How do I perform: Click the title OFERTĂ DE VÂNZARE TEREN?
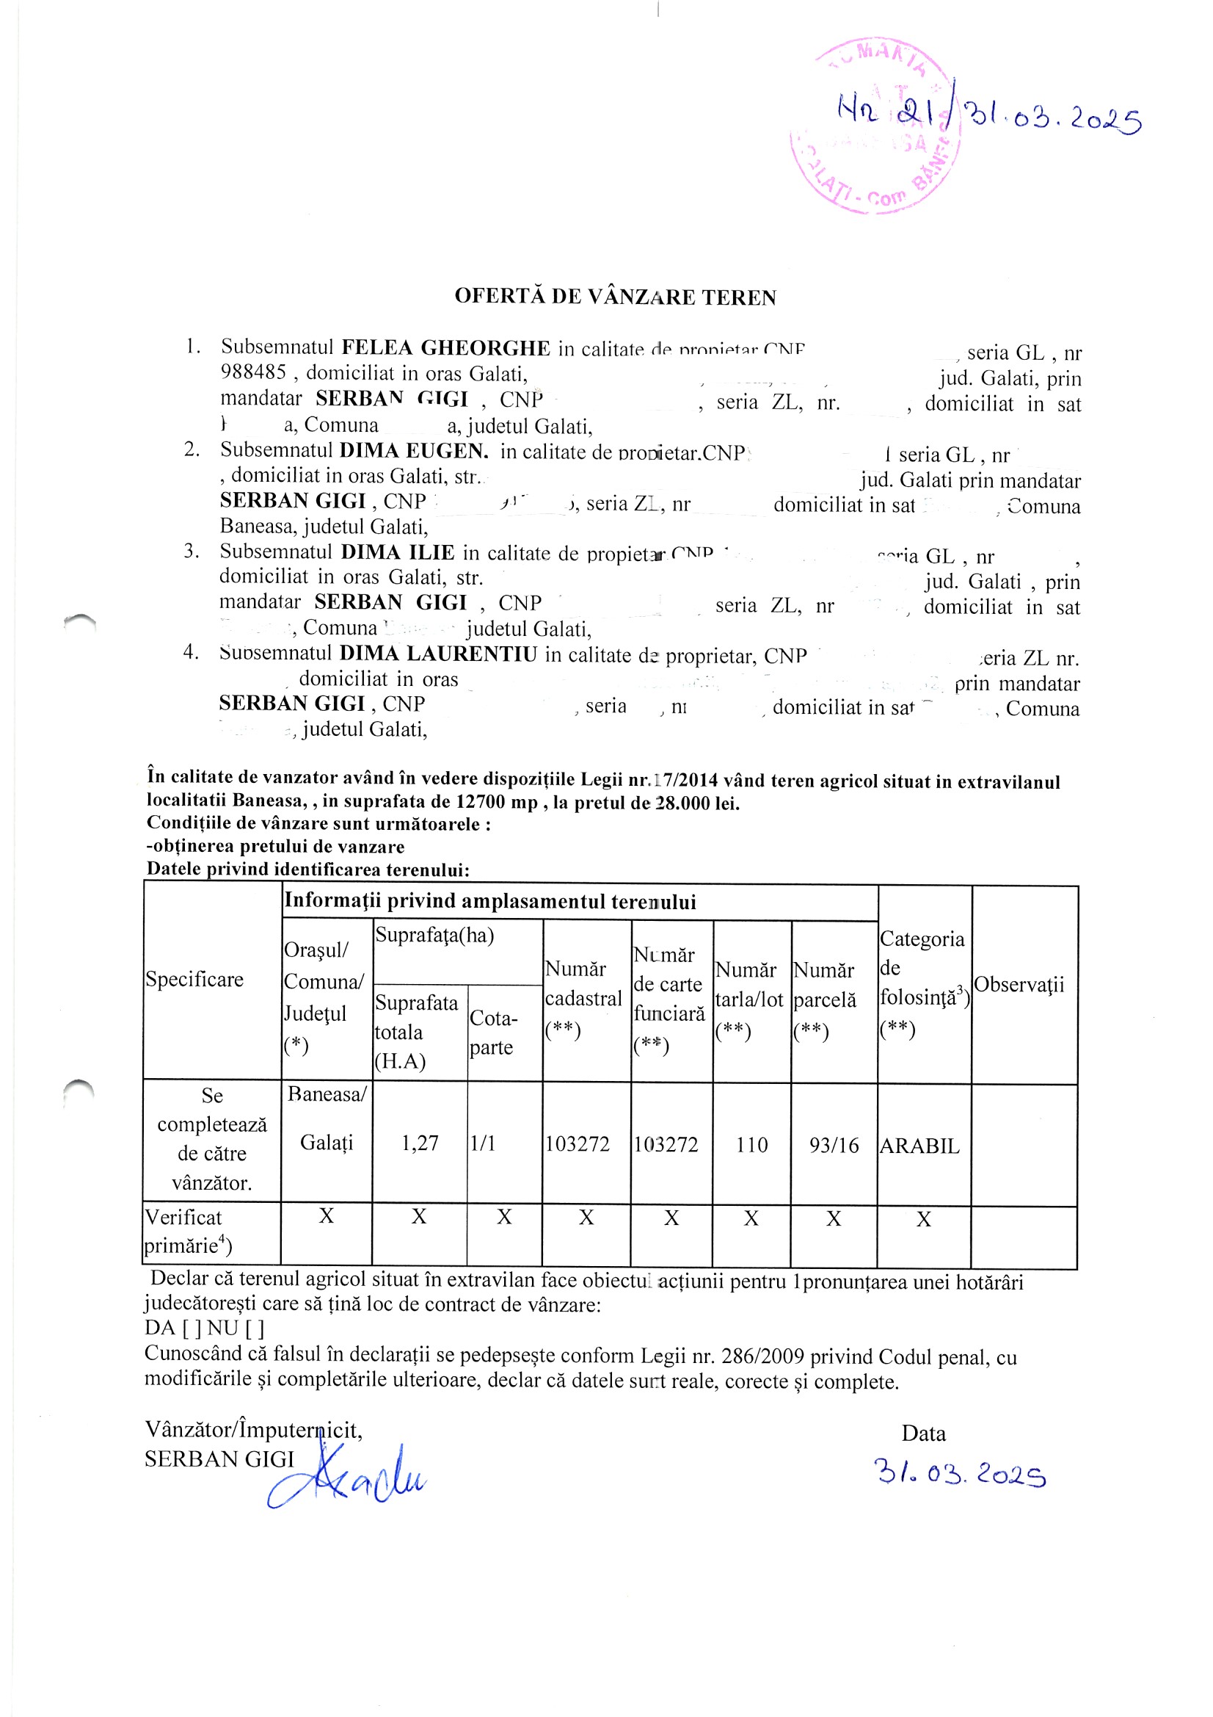point(615,297)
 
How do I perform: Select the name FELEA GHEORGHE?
point(445,348)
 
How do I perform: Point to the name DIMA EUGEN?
point(413,451)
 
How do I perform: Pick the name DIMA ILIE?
point(397,552)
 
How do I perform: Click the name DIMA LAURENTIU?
point(438,654)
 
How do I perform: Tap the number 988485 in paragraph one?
point(252,372)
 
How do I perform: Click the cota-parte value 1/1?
point(483,1143)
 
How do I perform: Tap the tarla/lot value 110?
point(751,1145)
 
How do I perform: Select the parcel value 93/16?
point(834,1146)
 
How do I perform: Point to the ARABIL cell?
point(919,1146)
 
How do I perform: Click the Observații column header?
point(1019,985)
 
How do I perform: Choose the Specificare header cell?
point(194,980)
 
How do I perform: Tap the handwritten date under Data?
point(961,1473)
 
